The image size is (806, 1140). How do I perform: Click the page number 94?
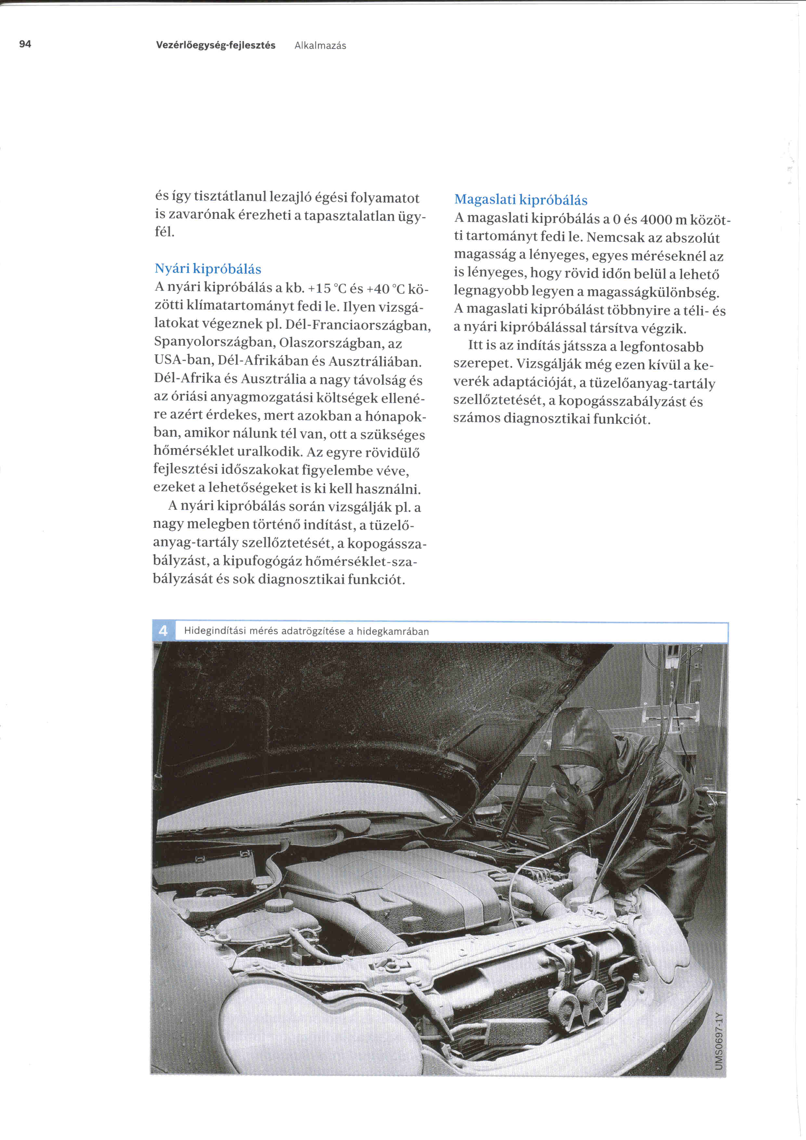tap(25, 44)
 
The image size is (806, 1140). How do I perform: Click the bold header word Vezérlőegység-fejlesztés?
tap(215, 45)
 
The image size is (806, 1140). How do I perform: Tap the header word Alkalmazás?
tap(320, 46)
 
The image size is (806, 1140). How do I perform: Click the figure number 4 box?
tap(163, 631)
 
